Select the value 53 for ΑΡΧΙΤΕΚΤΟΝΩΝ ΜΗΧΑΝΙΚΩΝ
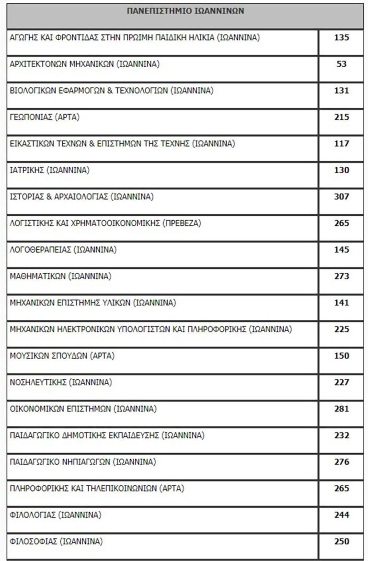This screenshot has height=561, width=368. coord(341,64)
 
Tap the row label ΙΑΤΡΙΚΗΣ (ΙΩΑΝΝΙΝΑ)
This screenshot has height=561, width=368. coord(49,170)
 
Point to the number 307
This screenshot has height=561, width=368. coord(341,197)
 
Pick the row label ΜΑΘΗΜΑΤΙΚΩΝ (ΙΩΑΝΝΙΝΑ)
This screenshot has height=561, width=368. coord(60,277)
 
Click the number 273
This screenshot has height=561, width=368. coord(341,277)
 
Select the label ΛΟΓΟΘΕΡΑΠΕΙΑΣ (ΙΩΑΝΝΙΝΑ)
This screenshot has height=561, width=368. coord(63,250)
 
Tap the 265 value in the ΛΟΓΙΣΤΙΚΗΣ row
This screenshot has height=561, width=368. coord(341,223)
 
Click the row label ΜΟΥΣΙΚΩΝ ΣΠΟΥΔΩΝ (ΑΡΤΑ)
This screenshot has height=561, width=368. coord(62,356)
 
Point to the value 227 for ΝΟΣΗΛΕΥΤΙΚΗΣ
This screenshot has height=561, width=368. coord(341,383)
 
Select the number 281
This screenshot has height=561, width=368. coord(341,409)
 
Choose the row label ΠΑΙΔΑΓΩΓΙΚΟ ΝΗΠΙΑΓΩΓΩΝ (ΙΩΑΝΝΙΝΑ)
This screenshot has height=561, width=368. coord(82,462)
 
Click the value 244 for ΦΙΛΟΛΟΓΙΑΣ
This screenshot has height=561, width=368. coord(341,515)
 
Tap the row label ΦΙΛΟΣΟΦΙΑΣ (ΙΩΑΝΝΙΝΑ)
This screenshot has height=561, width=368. coord(56,542)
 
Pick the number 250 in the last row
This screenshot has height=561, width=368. coord(341,542)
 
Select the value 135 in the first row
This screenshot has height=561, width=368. coord(341,38)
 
